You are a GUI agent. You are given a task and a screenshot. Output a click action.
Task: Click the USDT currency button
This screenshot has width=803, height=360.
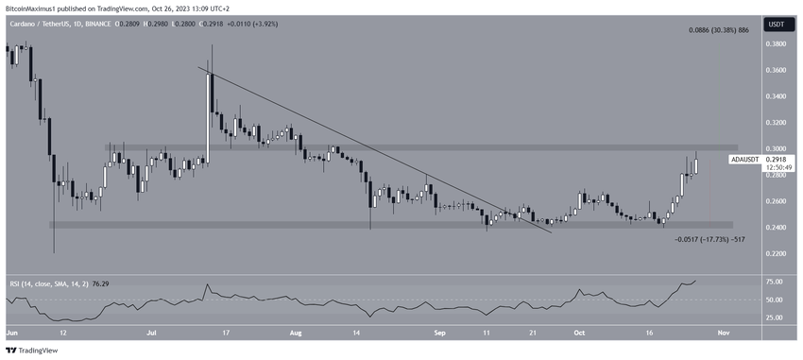[775, 24]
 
